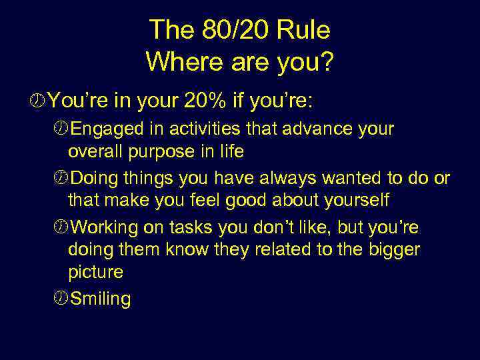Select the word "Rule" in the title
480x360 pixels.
pyautogui.click(x=307, y=30)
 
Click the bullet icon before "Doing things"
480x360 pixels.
pyautogui.click(x=62, y=178)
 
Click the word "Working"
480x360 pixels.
pyautogui.click(x=104, y=227)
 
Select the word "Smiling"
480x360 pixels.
pyautogui.click(x=100, y=299)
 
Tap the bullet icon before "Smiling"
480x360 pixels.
pyautogui.click(x=62, y=298)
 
